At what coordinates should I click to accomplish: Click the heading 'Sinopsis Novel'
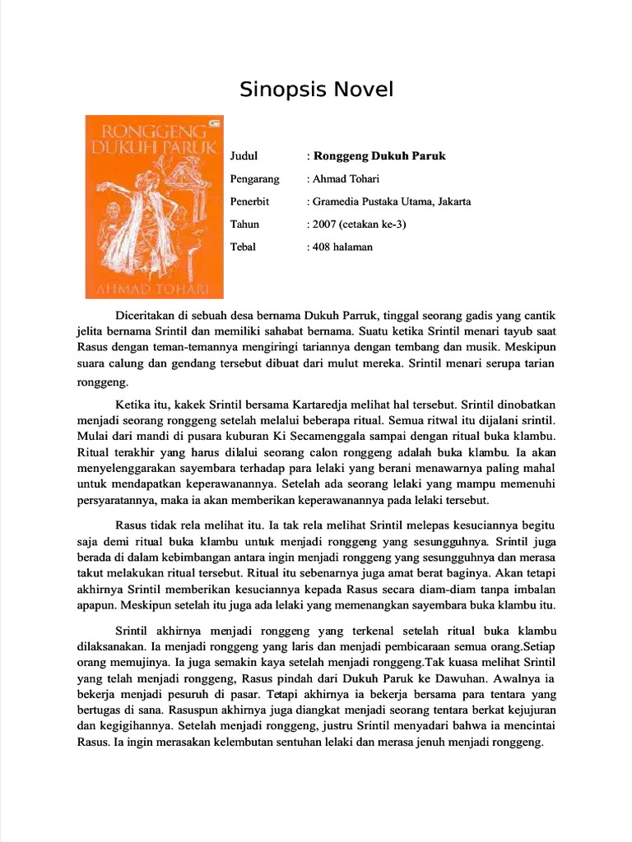coord(317,89)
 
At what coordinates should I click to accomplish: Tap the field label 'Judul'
coord(244,155)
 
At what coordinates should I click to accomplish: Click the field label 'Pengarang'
coord(255,178)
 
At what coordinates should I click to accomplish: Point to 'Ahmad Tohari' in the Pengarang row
coord(346,178)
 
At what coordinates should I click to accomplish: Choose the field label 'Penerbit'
coord(250,201)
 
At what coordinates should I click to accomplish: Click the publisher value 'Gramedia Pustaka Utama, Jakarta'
coord(392,201)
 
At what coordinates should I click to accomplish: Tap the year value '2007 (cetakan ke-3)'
coord(360,224)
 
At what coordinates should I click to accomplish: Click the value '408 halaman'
coord(342,247)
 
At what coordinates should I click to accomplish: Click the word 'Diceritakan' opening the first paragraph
coord(149,316)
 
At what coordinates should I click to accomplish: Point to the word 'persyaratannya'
coord(118,499)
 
